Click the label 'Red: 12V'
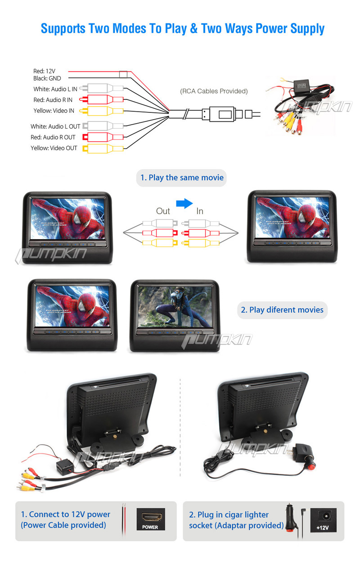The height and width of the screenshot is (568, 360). click(44, 71)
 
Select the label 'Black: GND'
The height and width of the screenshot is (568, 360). click(47, 78)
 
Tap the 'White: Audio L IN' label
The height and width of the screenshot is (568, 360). click(55, 89)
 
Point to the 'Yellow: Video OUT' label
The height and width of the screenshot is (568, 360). click(54, 148)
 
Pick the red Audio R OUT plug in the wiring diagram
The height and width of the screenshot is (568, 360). click(103, 137)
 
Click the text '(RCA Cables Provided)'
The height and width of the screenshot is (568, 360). click(214, 91)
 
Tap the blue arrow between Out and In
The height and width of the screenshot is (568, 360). click(184, 203)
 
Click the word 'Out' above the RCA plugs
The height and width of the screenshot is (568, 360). click(163, 211)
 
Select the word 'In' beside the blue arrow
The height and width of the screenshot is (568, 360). click(200, 211)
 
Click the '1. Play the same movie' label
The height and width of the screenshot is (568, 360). click(182, 178)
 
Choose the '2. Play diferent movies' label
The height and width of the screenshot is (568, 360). click(282, 310)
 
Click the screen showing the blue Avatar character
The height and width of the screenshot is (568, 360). click(175, 307)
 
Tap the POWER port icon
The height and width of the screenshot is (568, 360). click(151, 519)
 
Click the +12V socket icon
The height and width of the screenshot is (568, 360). click(324, 520)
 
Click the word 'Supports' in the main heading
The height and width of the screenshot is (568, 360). click(63, 29)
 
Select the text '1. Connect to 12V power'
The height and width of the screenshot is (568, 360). click(65, 514)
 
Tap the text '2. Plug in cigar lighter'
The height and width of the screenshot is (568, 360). click(229, 515)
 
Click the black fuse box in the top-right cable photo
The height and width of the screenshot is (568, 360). click(301, 85)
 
